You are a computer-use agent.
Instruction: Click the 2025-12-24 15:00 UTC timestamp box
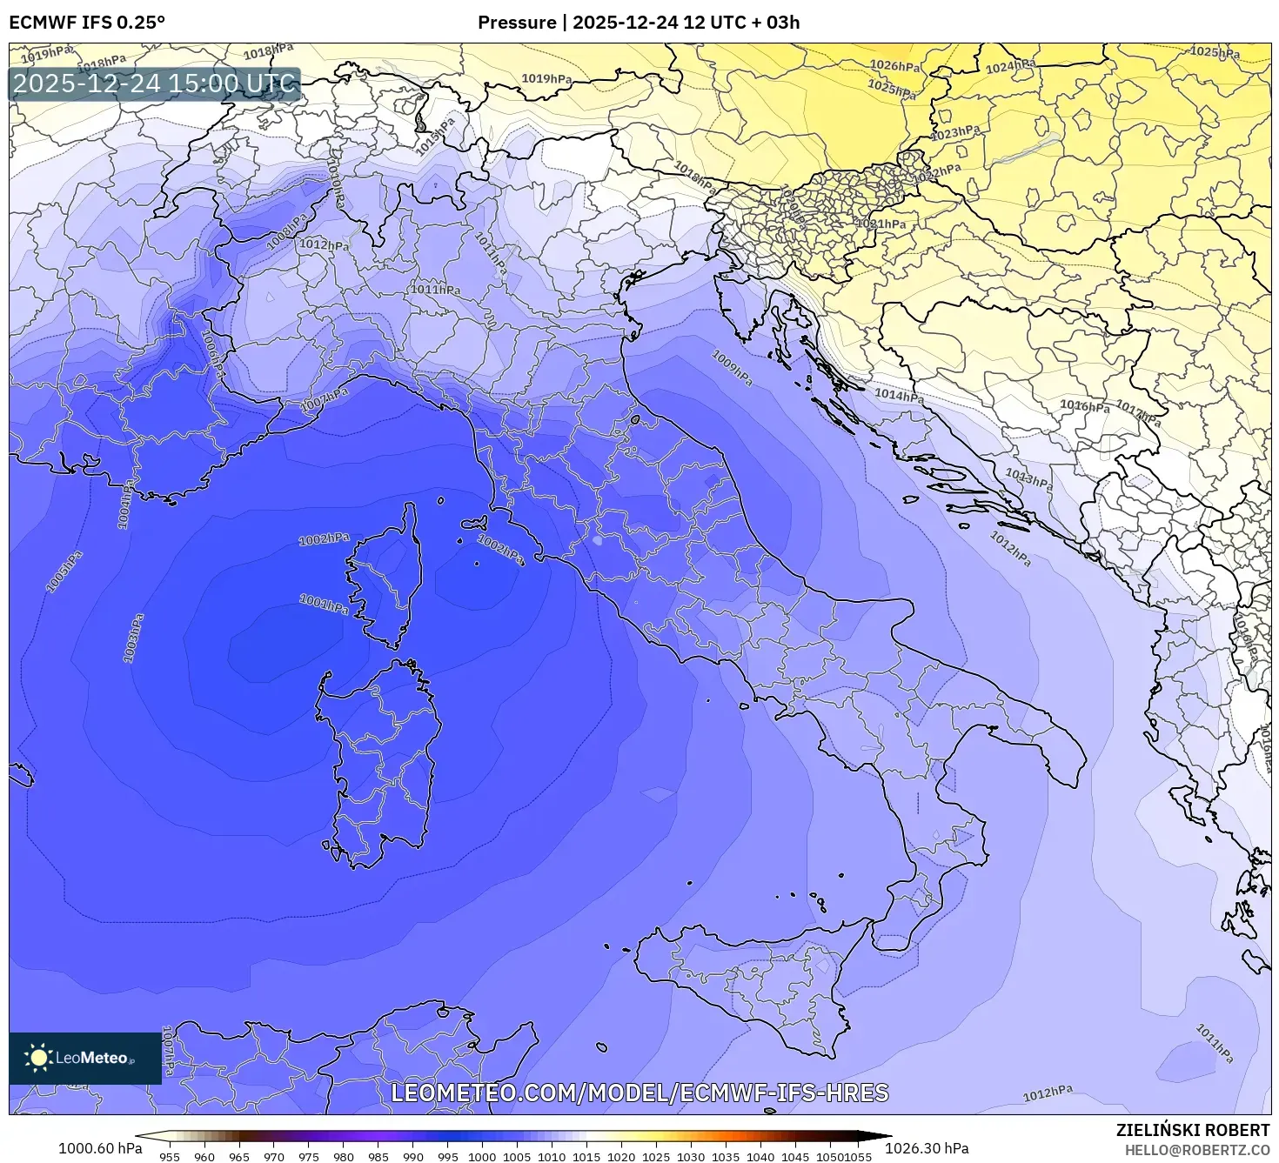click(x=155, y=84)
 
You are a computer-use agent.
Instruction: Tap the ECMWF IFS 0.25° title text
click(x=87, y=23)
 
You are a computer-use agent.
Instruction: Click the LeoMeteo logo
click(x=84, y=1058)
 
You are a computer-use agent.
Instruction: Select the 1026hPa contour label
click(x=895, y=66)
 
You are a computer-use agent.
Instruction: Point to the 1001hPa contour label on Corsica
click(x=324, y=604)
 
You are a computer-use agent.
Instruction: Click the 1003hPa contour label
click(x=133, y=638)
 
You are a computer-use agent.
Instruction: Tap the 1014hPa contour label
click(x=899, y=396)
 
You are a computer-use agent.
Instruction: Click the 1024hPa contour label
click(x=1011, y=66)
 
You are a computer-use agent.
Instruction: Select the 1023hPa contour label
click(x=955, y=133)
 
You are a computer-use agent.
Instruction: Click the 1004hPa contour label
click(x=124, y=505)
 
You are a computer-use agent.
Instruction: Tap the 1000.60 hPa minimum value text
click(x=100, y=1147)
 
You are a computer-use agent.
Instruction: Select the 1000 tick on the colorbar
click(x=482, y=1156)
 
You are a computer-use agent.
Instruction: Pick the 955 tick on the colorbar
click(x=170, y=1156)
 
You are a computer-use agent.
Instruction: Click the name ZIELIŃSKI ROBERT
click(x=1192, y=1129)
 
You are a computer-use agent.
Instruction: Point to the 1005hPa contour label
click(x=64, y=571)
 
